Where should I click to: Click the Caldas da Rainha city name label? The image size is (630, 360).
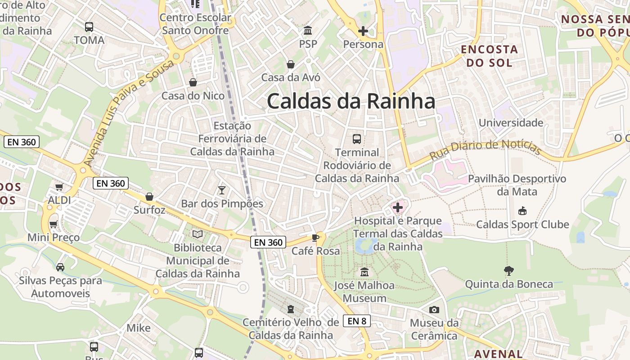tap(351, 101)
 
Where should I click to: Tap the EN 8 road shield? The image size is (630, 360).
tap(357, 321)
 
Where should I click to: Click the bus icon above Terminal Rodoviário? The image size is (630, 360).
tap(357, 139)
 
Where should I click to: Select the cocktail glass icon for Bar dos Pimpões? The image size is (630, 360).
tap(221, 190)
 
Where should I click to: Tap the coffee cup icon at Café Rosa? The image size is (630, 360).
tap(315, 238)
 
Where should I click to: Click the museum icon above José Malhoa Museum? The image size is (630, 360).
tap(364, 272)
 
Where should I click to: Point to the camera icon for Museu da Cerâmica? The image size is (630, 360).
tap(434, 310)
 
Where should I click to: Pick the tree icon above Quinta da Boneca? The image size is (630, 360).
tap(509, 270)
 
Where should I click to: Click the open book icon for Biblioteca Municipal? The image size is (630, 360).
tap(198, 234)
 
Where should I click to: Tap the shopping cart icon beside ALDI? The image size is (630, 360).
tap(59, 187)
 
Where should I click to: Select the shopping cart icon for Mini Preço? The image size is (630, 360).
tap(54, 224)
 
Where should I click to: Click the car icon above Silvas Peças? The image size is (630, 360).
tap(60, 267)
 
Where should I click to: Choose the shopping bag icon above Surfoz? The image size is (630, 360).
tap(149, 197)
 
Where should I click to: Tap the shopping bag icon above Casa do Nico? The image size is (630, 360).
tap(193, 82)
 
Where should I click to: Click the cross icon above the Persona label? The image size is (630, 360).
tap(363, 31)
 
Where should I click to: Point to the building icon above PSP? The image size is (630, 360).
tap(308, 31)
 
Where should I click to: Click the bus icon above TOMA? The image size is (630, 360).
tap(89, 27)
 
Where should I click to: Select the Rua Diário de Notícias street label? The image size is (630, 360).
tap(485, 150)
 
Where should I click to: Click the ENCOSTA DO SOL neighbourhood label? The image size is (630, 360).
tap(489, 56)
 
